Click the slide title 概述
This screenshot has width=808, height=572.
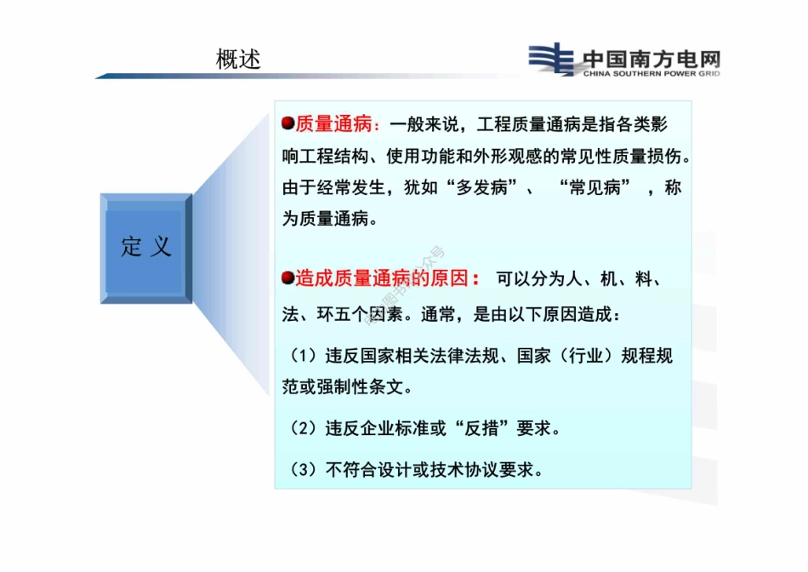238,60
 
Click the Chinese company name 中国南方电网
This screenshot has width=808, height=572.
652,59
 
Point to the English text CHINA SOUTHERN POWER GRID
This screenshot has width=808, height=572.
652,74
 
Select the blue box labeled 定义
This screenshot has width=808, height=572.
146,248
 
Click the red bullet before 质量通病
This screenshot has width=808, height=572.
287,124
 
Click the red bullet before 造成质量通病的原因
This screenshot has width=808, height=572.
287,277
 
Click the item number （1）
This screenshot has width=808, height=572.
303,356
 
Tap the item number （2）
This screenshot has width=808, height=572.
303,428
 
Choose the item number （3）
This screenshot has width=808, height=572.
303,469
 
